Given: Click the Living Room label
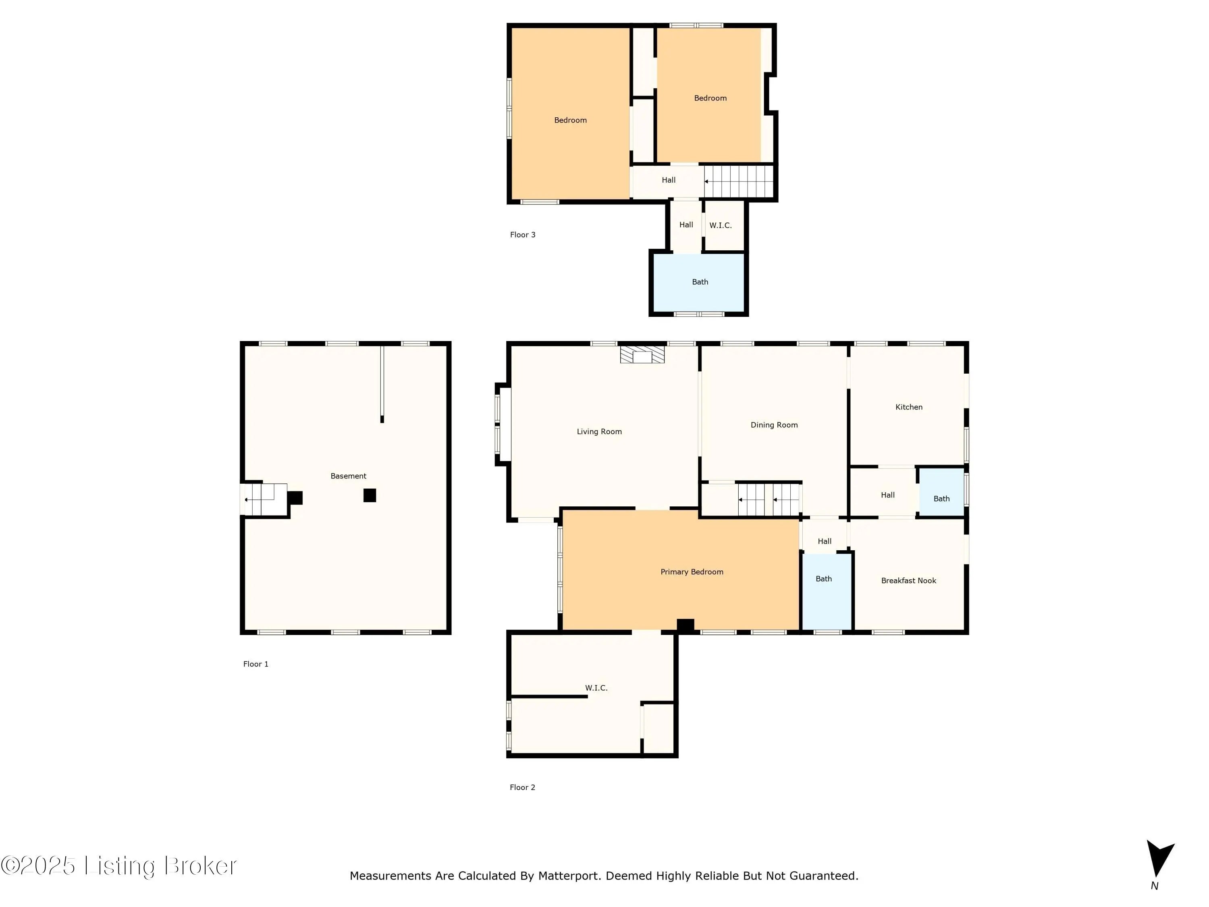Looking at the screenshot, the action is pos(599,431).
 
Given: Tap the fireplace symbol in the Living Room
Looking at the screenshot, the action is pos(642,354).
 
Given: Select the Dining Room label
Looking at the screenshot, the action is pos(774,425).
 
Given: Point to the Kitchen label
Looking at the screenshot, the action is pos(909,407).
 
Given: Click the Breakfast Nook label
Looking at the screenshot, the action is pos(908,580).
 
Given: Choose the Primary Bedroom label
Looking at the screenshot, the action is pos(692,572).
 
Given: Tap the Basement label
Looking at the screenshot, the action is pos(348,476).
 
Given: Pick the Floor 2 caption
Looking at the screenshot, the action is pos(523,787).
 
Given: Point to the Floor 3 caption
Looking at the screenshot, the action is pos(523,235).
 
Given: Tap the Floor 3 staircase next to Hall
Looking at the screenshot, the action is pos(739,181).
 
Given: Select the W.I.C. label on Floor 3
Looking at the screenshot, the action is pos(721,225).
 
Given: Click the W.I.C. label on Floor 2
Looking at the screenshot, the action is pos(596,688).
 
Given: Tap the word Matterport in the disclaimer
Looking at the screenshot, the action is pos(568,876).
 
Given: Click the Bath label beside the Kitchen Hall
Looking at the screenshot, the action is pos(941,499).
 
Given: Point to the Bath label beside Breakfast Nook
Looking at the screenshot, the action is pos(824,579).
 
